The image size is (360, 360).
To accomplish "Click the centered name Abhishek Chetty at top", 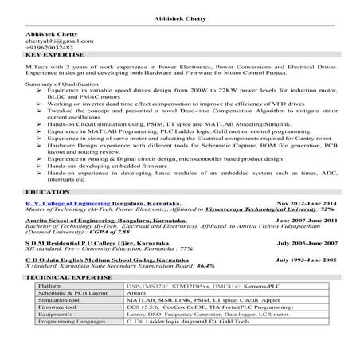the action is pyautogui.click(x=180, y=18).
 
